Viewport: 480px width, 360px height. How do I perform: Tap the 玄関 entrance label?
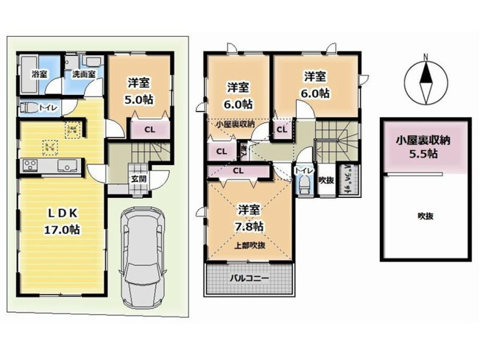coord(138,179)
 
